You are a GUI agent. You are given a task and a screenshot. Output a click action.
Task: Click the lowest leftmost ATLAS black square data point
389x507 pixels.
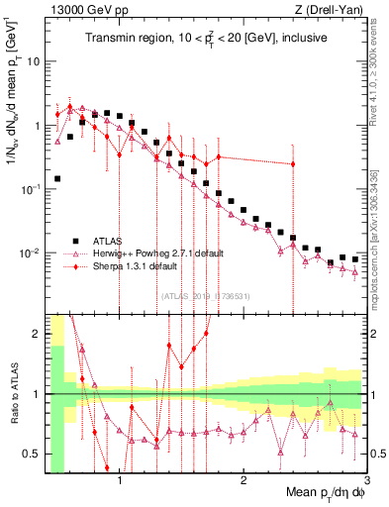[57, 179]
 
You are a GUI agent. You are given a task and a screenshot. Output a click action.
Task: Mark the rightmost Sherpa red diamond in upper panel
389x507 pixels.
[293, 164]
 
